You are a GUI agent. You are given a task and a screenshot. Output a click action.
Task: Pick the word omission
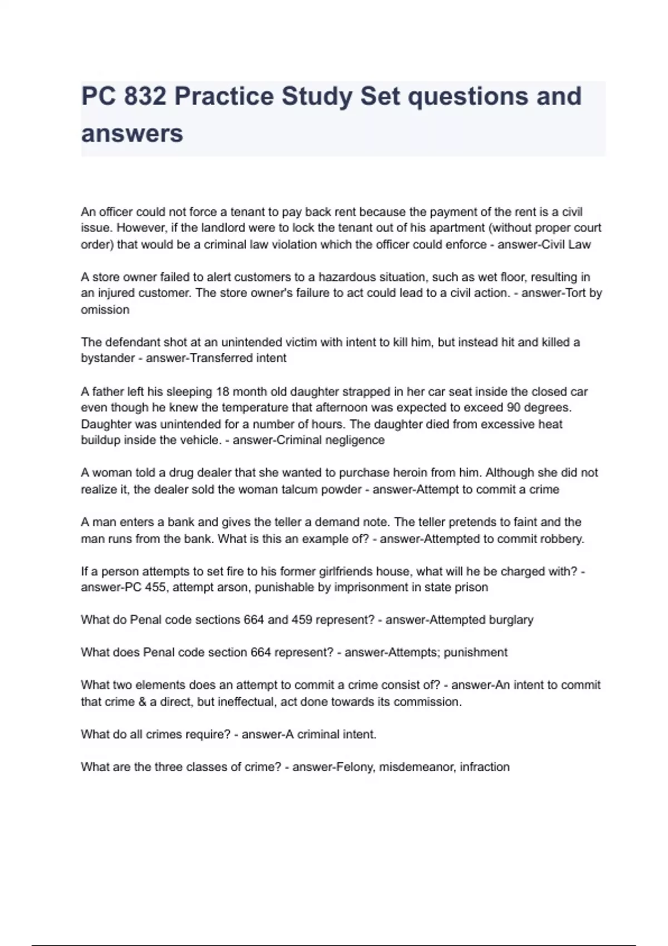coord(105,310)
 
